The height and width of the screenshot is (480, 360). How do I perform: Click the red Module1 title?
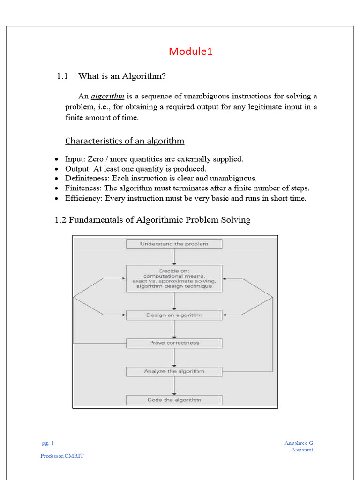pyautogui.click(x=191, y=52)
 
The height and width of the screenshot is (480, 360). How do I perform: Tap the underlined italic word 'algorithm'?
pyautogui.click(x=107, y=96)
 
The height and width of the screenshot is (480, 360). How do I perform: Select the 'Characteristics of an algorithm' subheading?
pyautogui.click(x=125, y=141)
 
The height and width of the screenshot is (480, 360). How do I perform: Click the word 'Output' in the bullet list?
pyautogui.click(x=75, y=169)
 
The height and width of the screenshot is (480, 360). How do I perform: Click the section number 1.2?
pyautogui.click(x=61, y=219)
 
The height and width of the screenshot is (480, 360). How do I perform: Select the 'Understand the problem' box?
pyautogui.click(x=174, y=244)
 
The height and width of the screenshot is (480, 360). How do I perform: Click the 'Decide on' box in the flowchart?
pyautogui.click(x=174, y=278)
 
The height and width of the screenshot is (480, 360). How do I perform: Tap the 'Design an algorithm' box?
pyautogui.click(x=174, y=315)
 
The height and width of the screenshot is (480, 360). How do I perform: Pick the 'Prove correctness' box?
pyautogui.click(x=174, y=343)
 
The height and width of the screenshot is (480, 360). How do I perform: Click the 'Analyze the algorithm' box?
pyautogui.click(x=174, y=371)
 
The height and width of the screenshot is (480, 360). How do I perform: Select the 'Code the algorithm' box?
pyautogui.click(x=174, y=400)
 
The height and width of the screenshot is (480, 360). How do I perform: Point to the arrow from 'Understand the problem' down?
pyautogui.click(x=174, y=257)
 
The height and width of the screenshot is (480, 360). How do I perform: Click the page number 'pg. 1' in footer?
pyautogui.click(x=47, y=442)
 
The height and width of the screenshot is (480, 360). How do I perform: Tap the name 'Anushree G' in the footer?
pyautogui.click(x=299, y=442)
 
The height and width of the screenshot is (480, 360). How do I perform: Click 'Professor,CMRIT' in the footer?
pyautogui.click(x=62, y=456)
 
